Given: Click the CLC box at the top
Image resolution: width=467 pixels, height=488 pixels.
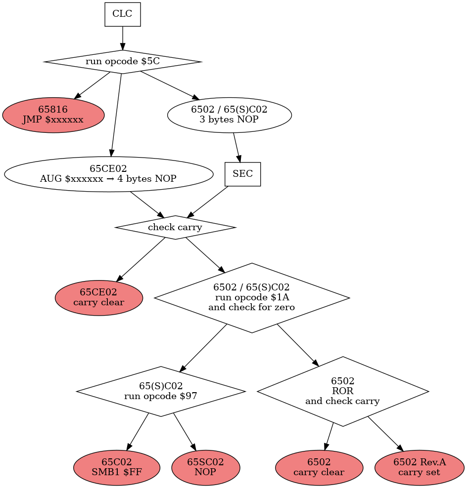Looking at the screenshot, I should coord(123,14).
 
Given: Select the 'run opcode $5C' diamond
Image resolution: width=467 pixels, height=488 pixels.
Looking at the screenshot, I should coord(123,62).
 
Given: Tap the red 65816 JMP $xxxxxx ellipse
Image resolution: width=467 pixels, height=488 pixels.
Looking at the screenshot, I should coord(53,115).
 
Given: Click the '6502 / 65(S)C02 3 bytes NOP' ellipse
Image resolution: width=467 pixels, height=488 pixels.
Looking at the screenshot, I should coord(230,115).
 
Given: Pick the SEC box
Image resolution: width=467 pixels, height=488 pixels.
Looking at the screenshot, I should coord(242,174).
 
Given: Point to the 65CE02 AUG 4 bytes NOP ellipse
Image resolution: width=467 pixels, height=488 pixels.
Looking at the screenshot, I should coord(108,174).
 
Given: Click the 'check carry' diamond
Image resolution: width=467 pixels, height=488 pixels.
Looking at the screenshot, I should coord(175,228).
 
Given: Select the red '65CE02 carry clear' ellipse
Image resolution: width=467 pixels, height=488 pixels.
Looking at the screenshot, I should coord(99,298).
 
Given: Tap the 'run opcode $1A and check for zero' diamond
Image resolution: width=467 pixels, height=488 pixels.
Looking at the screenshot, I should coord(252,298).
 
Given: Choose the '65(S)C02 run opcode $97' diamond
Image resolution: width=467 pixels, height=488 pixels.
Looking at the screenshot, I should coord(161,391).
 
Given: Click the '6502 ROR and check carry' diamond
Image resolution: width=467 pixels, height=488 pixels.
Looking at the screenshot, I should coord(343,391).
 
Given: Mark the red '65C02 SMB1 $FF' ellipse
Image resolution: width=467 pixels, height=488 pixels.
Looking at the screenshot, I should coord(117,467).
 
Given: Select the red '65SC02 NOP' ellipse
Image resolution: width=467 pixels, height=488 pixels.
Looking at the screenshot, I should coord(206,467).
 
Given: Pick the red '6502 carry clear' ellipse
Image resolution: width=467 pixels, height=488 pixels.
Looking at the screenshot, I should coord(319,467).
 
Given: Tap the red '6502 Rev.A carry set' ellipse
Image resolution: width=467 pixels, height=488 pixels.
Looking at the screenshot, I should coord(420,467).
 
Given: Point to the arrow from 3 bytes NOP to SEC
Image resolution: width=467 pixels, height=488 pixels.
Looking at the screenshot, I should coord(236,147).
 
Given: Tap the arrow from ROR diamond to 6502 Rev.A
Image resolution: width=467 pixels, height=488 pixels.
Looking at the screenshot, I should coord(385,434).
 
